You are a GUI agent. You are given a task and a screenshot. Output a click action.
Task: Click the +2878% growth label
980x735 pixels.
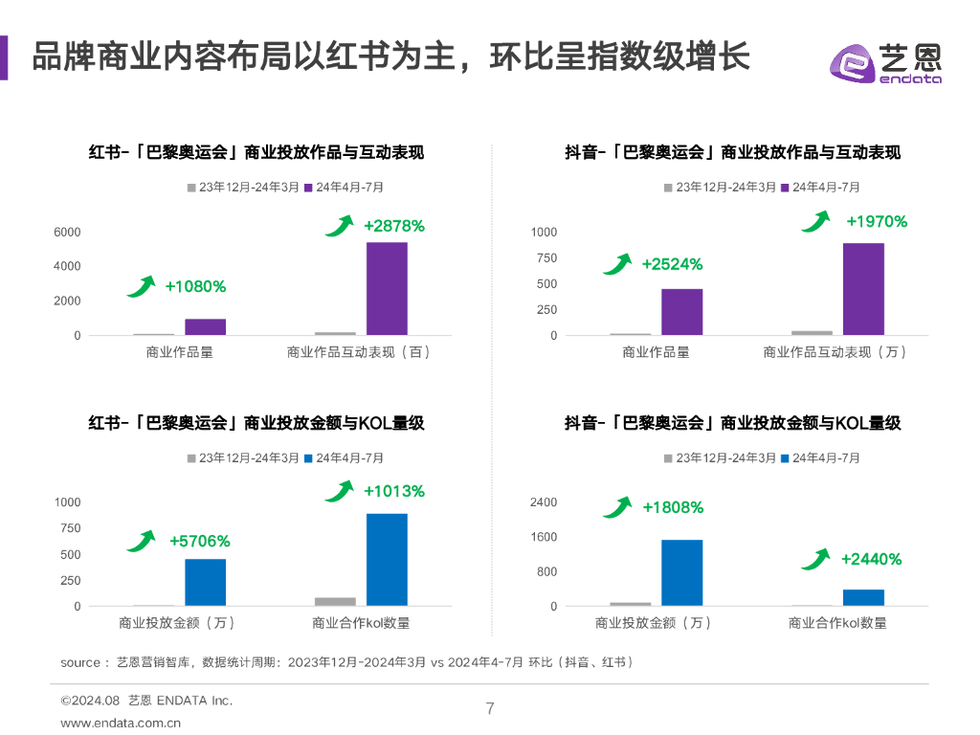tap(393, 227)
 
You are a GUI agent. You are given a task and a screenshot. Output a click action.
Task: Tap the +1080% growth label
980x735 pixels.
tap(195, 286)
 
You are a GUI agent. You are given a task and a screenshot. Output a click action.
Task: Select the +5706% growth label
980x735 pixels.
tap(199, 542)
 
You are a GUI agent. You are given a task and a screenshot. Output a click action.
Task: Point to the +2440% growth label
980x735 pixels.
tap(871, 559)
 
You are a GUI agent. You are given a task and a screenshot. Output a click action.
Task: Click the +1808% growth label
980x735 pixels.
tap(673, 507)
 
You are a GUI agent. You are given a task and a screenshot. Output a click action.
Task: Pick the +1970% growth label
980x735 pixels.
tap(877, 222)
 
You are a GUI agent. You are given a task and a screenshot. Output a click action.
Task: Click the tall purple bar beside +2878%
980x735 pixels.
tap(387, 288)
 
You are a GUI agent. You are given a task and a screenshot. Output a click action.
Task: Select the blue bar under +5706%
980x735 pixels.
tap(205, 582)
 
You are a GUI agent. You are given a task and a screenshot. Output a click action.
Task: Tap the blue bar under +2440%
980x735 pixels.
tap(863, 597)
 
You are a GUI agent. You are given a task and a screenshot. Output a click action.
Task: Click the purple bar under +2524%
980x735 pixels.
tap(681, 312)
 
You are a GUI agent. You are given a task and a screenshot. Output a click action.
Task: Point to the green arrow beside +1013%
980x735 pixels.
tap(339, 492)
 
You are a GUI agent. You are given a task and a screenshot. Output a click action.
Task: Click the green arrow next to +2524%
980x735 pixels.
tap(617, 263)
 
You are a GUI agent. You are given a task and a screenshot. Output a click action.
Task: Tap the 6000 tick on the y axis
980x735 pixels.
tap(67, 233)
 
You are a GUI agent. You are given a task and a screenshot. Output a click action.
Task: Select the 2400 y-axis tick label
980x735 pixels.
tap(544, 502)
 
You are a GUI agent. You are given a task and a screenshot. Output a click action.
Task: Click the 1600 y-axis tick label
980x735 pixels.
tap(544, 537)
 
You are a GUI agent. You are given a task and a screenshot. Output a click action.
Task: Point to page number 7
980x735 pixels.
tap(490, 709)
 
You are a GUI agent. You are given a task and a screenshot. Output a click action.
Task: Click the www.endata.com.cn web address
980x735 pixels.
tap(121, 724)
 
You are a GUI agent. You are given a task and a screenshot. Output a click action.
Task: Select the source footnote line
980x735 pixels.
tap(346, 662)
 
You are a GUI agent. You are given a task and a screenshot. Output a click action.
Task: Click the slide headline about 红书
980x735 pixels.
tap(390, 56)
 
